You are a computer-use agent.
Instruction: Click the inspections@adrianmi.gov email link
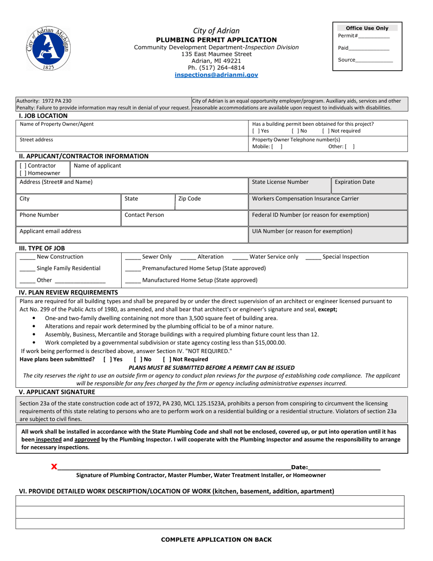pyautogui.click(x=216, y=75)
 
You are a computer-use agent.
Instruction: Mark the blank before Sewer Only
pyautogui.click(x=133, y=257)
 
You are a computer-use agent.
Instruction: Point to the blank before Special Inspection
pyautogui.click(x=313, y=257)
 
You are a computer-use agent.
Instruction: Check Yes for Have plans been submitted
pyautogui.click(x=107, y=359)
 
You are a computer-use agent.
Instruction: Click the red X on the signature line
pyautogui.click(x=54, y=467)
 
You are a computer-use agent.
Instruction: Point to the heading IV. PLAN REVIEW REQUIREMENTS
pyautogui.click(x=68, y=292)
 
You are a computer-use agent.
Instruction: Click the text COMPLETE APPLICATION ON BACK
pyautogui.click(x=216, y=540)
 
